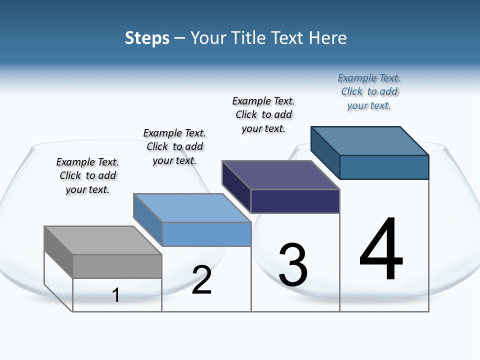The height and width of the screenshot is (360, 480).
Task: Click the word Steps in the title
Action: (147, 38)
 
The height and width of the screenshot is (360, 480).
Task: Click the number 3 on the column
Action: (293, 265)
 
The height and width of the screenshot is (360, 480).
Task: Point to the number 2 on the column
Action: (202, 280)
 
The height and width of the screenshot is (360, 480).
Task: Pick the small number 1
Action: (116, 295)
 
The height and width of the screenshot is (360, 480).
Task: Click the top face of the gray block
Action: (103, 240)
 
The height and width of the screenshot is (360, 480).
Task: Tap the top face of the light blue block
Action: (192, 207)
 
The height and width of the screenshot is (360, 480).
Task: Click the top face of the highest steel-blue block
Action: (370, 140)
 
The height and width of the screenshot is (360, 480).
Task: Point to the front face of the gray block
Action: (117, 266)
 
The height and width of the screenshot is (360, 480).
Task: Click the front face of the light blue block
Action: (206, 234)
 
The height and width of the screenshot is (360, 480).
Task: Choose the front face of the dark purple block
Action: (295, 201)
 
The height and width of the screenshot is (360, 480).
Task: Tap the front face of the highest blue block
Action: (384, 167)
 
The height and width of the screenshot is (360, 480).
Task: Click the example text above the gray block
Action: (87, 175)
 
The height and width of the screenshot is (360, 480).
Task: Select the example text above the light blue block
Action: (174, 146)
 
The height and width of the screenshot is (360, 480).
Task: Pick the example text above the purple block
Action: (263, 114)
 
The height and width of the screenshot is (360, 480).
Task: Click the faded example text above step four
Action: (369, 91)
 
